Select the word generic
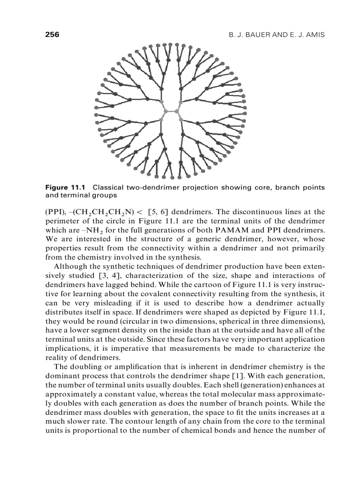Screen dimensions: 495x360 click(180, 239)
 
